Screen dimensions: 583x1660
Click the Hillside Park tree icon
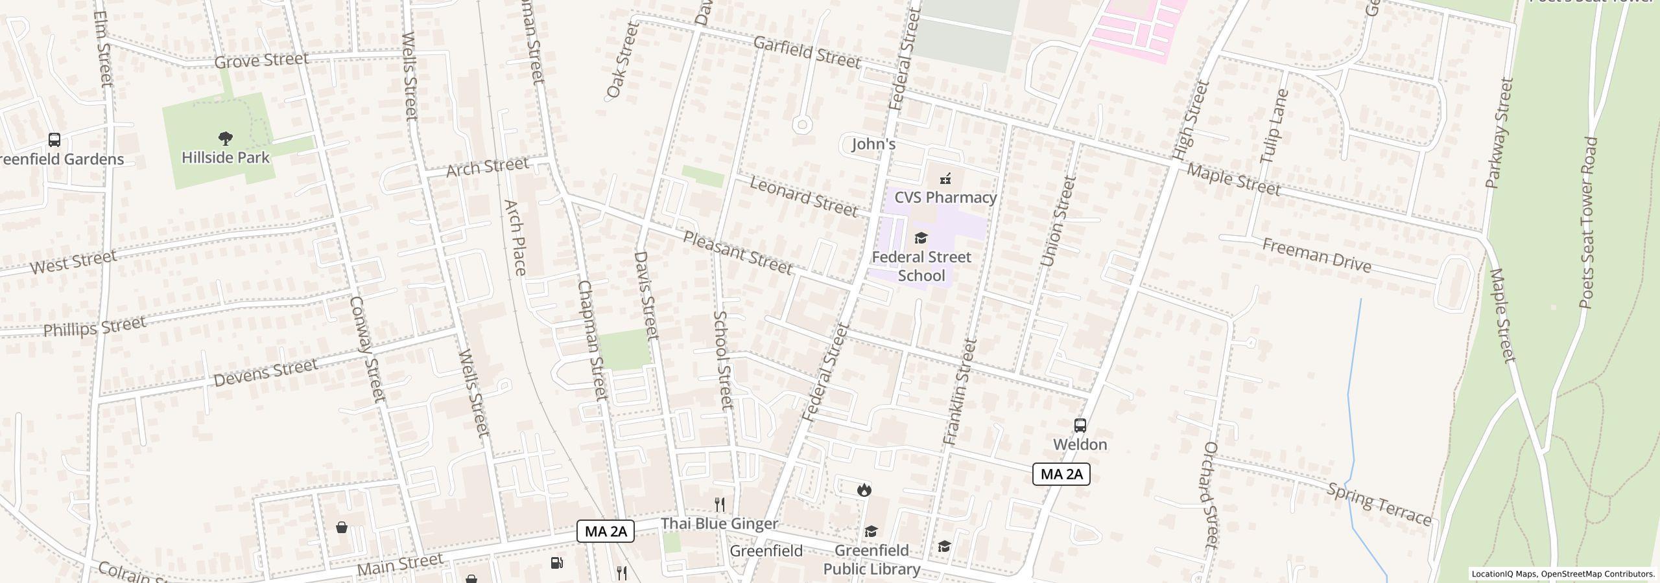226,138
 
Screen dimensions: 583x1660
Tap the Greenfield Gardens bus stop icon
54,140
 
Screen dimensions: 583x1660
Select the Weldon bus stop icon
1080,426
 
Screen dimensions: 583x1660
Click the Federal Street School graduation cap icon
921,238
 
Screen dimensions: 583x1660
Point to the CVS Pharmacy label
945,198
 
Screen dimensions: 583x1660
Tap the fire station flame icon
864,490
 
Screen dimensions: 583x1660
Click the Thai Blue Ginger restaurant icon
719,505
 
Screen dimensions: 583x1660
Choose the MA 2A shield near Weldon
1061,474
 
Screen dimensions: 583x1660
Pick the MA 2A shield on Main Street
605,532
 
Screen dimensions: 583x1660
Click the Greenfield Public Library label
871,560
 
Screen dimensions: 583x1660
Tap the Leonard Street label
803,196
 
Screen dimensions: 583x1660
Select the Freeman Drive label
1316,256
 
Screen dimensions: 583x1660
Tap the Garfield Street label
807,52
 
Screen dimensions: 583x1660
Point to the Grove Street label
261,61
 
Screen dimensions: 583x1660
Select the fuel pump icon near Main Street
556,562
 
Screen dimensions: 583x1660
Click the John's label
873,144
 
